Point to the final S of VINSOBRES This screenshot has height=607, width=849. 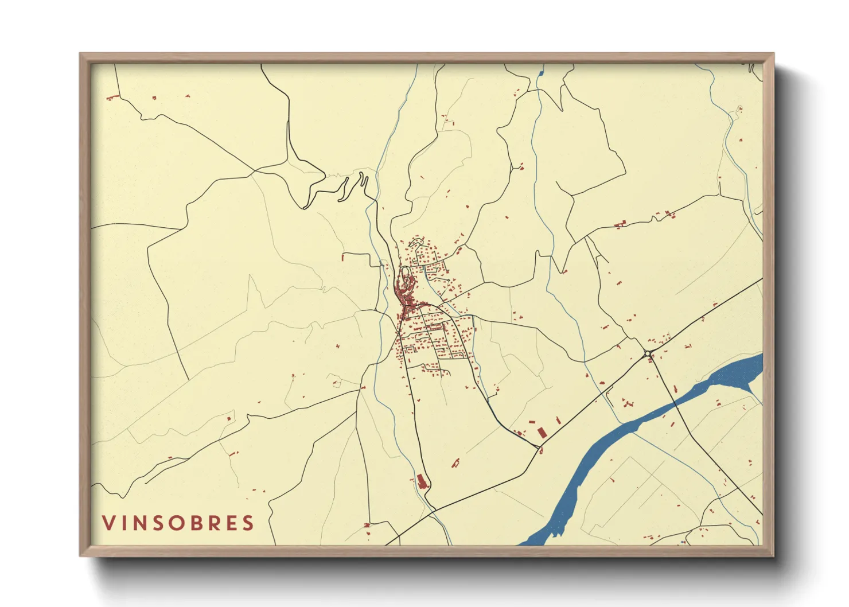coord(248,523)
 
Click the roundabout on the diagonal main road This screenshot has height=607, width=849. coord(647,353)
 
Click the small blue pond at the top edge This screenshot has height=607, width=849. coord(540,73)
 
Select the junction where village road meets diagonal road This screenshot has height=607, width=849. coord(540,448)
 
